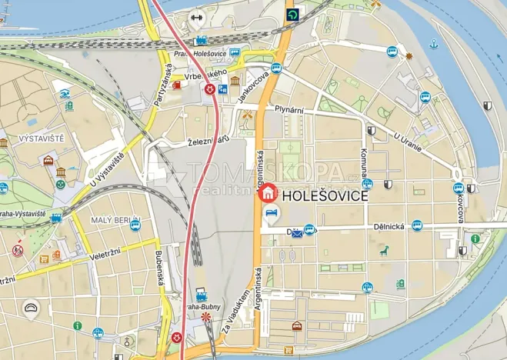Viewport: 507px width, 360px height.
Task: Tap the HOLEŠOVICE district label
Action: click(326, 196)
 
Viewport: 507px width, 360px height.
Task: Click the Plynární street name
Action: click(289, 110)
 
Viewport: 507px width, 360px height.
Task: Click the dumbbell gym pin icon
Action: click(196, 16)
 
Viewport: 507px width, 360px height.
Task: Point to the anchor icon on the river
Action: click(433, 44)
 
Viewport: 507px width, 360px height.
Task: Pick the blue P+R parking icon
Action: click(222, 89)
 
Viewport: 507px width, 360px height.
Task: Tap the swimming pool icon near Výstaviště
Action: click(65, 95)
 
